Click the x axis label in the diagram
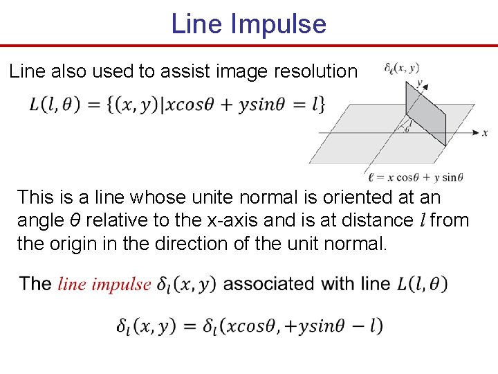tap(485, 132)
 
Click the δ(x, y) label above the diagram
tap(401, 68)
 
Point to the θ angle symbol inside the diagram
tap(407, 129)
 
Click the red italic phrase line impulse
tap(104, 284)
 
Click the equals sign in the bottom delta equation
tap(189, 326)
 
